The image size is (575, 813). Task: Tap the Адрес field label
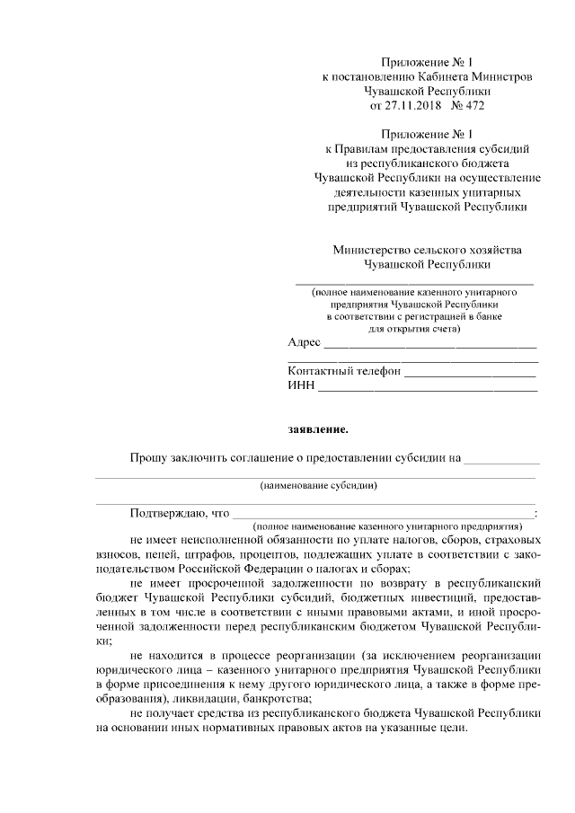tap(304, 343)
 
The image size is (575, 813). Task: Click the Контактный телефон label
tap(343, 371)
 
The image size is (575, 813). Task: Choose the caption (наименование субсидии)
tap(318, 486)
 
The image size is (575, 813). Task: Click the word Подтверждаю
tap(168, 513)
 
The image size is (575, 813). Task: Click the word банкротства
tap(279, 699)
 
